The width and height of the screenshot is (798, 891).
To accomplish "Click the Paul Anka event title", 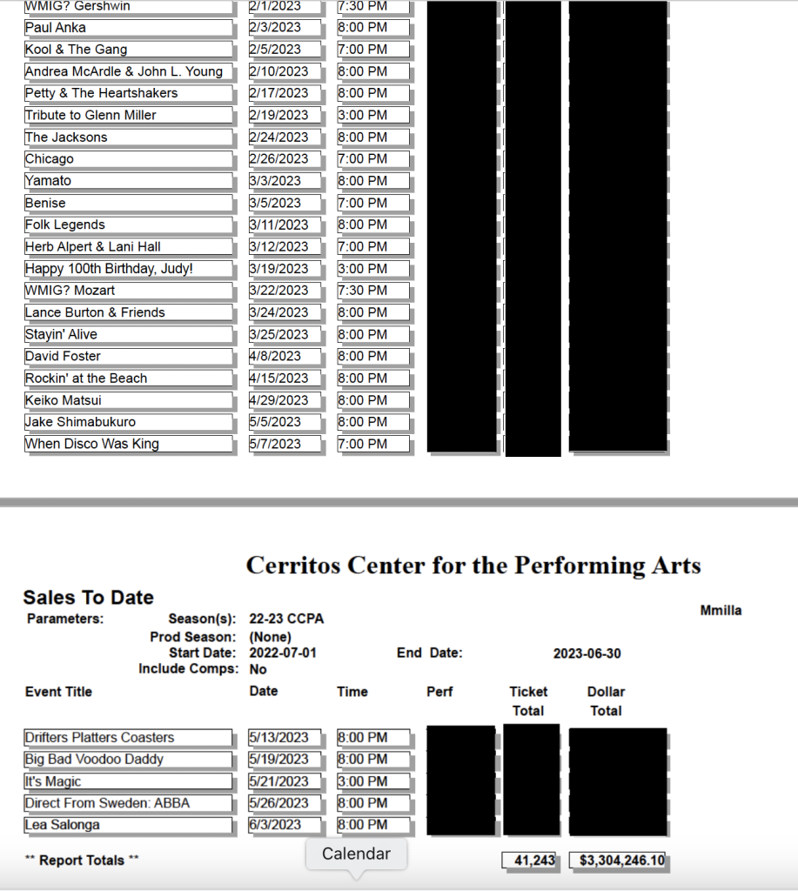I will point(56,28).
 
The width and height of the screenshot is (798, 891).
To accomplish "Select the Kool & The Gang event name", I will point(76,50).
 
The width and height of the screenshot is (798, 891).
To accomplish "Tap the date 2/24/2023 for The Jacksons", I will point(278,137).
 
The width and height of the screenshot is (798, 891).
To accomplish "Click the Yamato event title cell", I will point(49,181).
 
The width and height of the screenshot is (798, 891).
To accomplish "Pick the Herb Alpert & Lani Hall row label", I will point(93,247).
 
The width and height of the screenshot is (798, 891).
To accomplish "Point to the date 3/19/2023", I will point(278,269).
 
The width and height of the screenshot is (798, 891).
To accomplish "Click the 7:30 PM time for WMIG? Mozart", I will point(363,291).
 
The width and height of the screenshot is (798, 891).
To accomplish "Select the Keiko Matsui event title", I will point(64,400).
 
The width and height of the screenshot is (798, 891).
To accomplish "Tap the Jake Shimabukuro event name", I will point(81,422).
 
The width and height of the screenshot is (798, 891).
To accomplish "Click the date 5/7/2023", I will point(275,444).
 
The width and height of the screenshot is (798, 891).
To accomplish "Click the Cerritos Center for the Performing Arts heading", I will point(473,566).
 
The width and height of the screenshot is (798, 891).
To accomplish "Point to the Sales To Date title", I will point(88,598).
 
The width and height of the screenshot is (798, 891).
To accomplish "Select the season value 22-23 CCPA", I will point(286,619).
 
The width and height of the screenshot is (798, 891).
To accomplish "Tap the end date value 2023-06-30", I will point(587,653).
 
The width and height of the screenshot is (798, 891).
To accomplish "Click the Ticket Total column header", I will point(528,700).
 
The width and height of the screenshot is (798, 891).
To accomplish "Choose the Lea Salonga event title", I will point(63,825).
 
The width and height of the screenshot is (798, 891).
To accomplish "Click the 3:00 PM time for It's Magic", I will point(363,781).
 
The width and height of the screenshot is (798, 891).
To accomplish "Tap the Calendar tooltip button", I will point(356,854).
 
